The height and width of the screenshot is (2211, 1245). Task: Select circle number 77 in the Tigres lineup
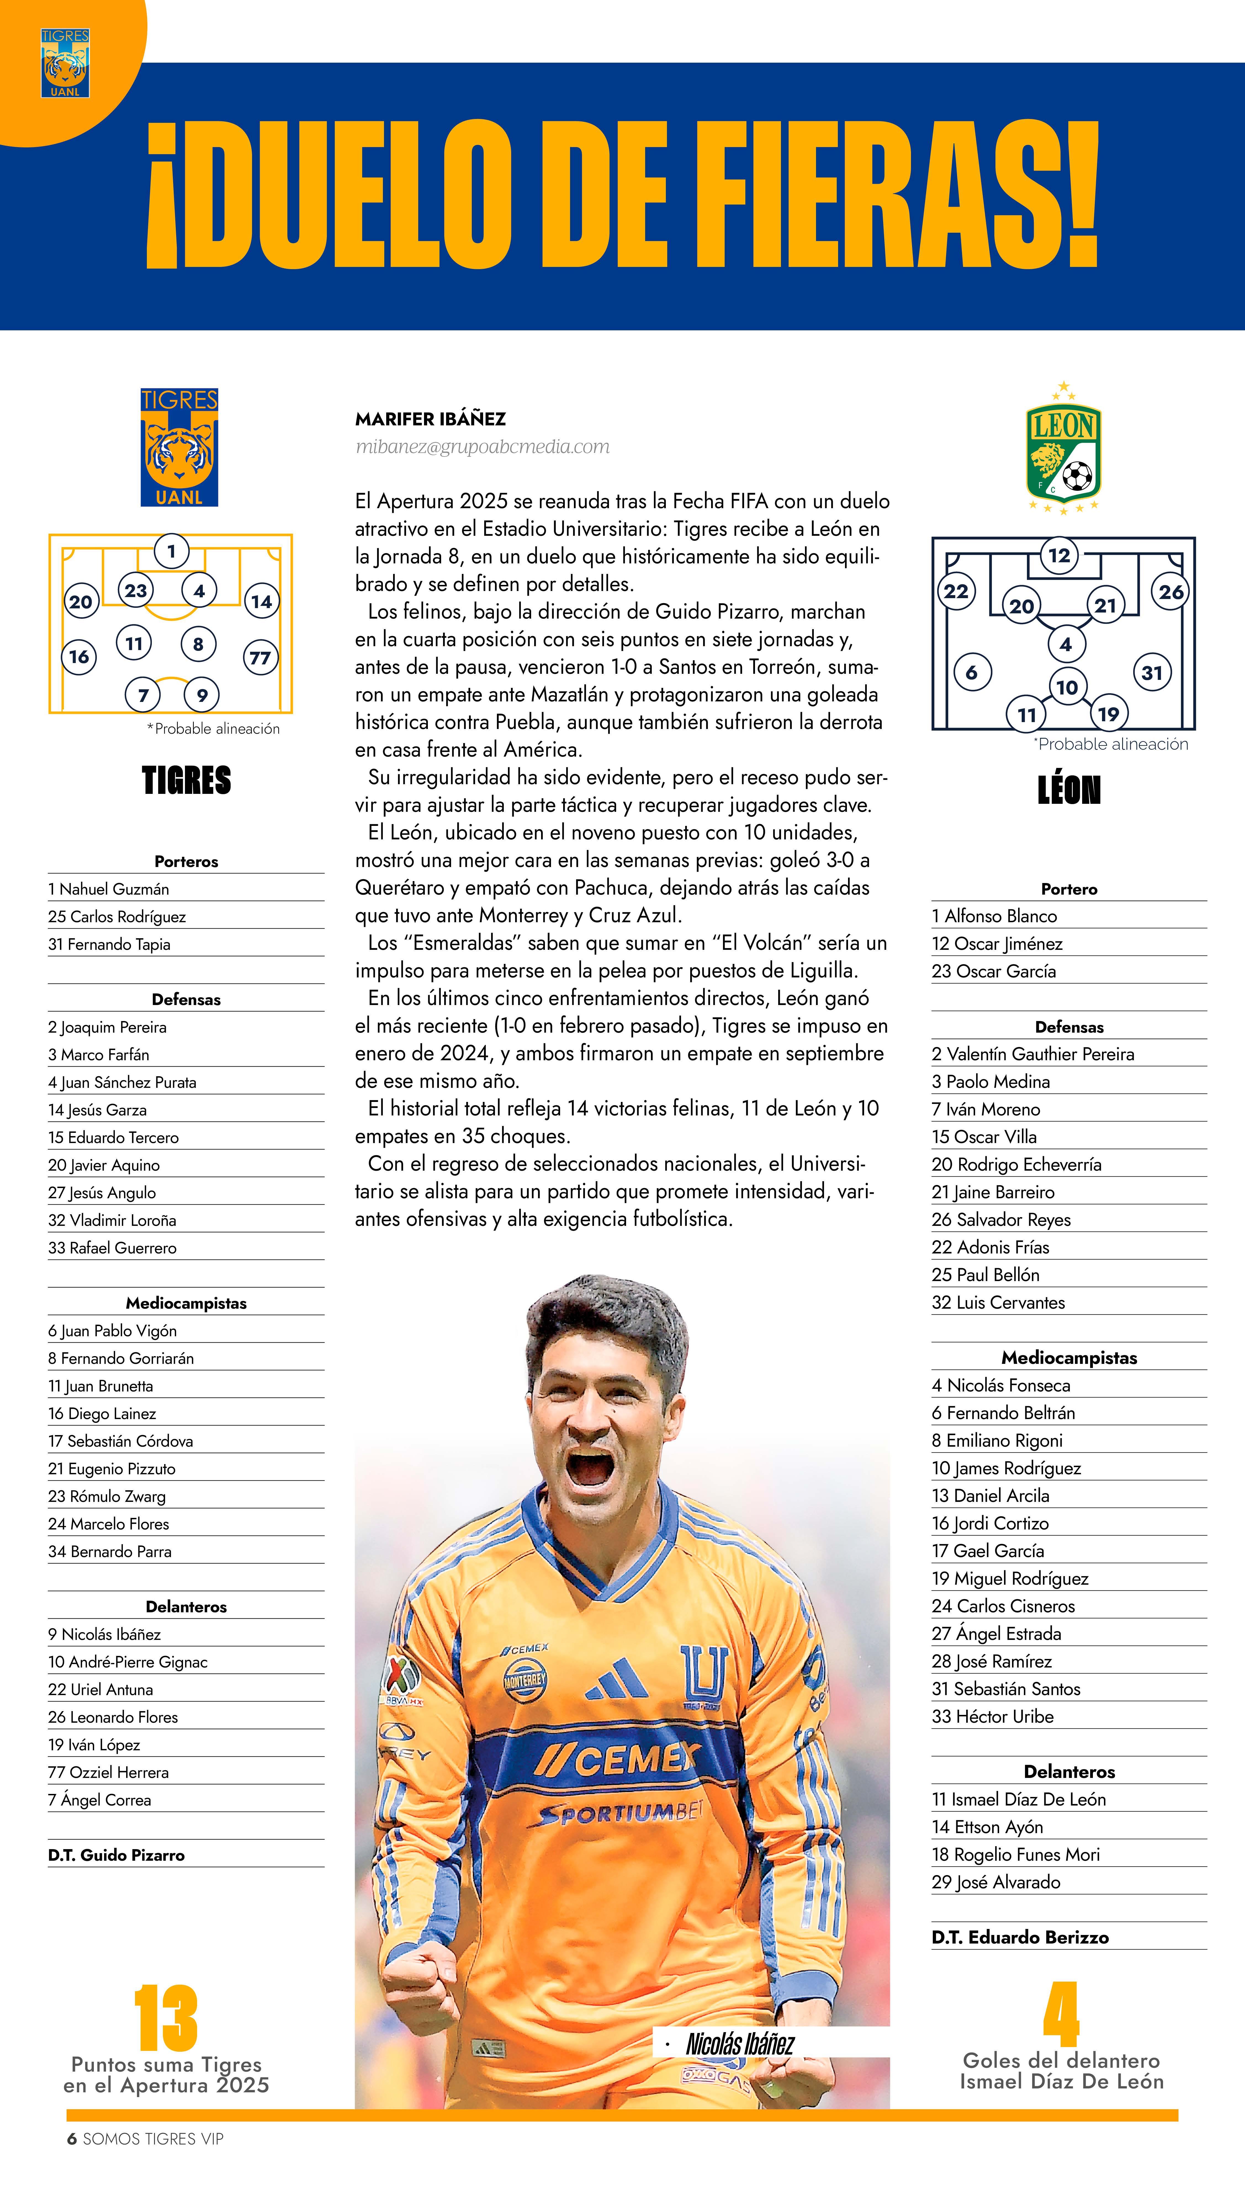click(x=260, y=658)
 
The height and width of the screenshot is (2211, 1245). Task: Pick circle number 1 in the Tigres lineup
click(x=172, y=551)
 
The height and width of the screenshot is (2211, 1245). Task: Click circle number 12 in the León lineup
click(x=1059, y=555)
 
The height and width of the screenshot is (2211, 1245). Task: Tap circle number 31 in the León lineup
click(x=1151, y=673)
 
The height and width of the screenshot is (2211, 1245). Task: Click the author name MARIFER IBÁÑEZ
click(x=430, y=419)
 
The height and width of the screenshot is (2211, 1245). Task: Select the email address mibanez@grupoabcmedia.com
click(x=483, y=446)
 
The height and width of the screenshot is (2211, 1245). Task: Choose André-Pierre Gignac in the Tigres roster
click(x=128, y=1662)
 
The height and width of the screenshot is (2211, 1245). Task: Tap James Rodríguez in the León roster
click(x=1006, y=1468)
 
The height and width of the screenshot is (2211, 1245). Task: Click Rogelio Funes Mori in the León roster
click(x=1016, y=1854)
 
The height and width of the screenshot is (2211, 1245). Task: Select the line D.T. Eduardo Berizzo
click(x=1020, y=1936)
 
